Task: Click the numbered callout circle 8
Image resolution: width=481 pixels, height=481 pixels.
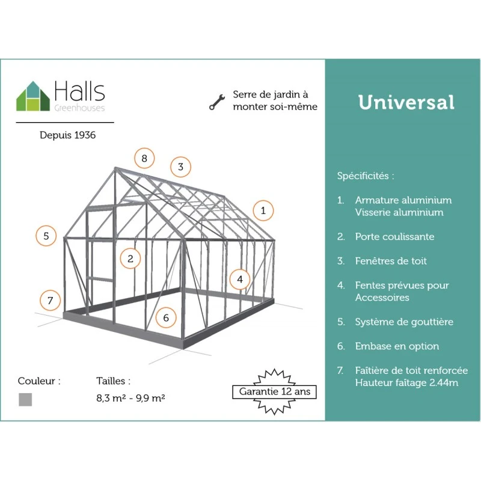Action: point(144,158)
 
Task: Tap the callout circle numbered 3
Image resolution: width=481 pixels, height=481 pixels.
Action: point(181,167)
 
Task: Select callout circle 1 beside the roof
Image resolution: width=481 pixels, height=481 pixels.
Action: point(263,211)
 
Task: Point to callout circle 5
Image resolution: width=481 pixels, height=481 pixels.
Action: point(46,236)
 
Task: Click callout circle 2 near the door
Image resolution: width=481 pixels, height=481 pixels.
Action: point(130,259)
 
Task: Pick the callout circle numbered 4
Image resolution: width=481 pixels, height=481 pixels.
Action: point(240,279)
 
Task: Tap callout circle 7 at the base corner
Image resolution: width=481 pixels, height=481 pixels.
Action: point(51,300)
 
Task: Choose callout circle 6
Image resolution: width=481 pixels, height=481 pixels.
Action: point(166,317)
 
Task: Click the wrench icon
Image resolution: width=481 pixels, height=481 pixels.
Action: point(217,102)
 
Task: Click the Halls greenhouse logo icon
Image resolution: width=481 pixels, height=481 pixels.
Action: point(33,96)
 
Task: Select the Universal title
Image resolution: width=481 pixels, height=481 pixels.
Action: point(406,102)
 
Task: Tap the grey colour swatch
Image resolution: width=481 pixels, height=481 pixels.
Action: point(25,400)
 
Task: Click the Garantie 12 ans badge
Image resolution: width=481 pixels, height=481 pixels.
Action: point(275,392)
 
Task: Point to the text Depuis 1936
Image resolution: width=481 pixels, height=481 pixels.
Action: point(68,135)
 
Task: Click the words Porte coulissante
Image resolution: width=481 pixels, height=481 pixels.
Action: point(394,236)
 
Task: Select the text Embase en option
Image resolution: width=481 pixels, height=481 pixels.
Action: point(397,346)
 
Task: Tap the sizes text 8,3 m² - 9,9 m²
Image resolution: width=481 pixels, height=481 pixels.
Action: point(130,398)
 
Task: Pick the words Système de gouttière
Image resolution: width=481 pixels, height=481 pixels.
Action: point(404,322)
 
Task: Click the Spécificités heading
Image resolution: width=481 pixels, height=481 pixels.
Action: point(366,176)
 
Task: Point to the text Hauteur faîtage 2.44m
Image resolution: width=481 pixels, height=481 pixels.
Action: point(407,383)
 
